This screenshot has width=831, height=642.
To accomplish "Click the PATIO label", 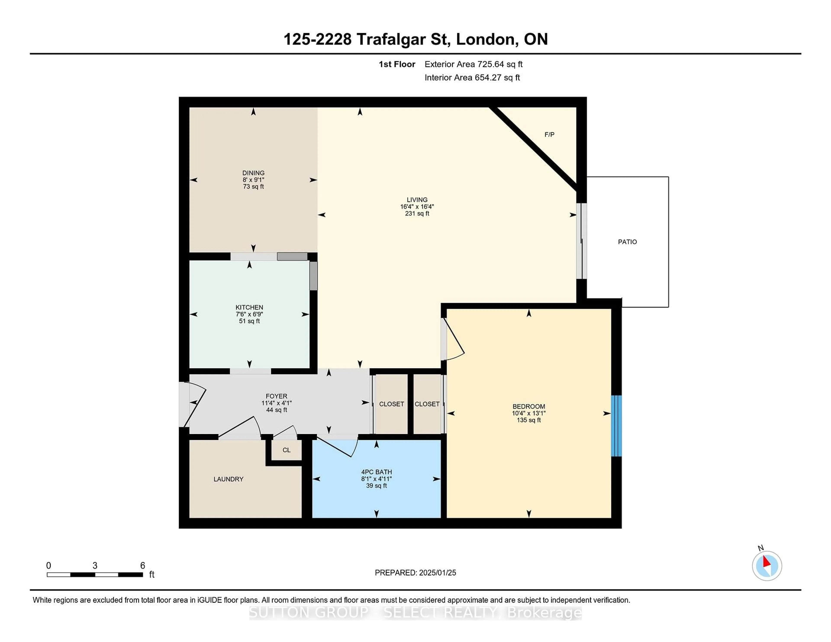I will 627,242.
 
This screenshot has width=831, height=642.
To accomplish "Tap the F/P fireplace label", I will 549,135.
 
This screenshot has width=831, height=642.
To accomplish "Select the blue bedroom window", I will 616,426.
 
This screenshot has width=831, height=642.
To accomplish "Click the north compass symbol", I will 767,566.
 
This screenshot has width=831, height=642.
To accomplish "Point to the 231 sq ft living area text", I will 417,214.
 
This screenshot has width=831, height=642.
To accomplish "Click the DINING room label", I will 253,173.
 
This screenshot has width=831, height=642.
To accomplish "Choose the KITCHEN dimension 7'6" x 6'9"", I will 249,314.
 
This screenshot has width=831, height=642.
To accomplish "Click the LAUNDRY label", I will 228,479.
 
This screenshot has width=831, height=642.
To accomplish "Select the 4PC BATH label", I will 376,472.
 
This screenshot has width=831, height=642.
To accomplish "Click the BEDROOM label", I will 528,407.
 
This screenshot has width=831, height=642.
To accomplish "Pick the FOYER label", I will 277,396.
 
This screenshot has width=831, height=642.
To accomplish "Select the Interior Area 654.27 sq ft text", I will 472,78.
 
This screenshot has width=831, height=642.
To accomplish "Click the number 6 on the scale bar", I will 143,566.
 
